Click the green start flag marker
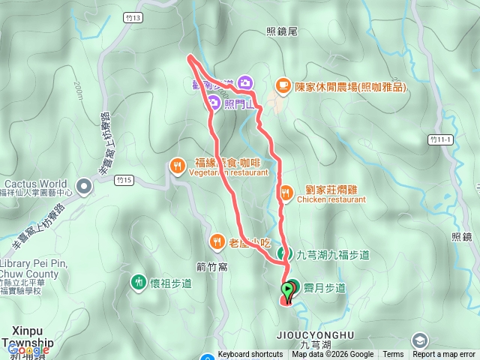point(288,290)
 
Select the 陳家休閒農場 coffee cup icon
point(283,85)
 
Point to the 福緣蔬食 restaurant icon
point(178,166)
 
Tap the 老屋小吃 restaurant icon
point(217,241)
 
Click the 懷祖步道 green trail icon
point(138,283)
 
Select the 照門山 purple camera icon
point(214,104)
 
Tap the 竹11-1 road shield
point(442,139)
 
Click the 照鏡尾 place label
point(282,31)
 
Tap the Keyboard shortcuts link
point(250,355)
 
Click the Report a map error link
point(444,355)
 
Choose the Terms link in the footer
point(393,355)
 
